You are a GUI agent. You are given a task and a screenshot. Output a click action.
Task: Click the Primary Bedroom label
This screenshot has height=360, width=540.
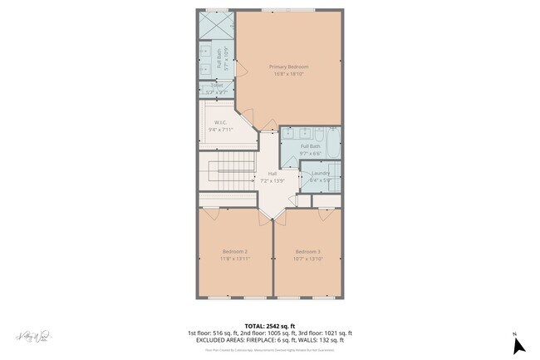pyautogui.click(x=288, y=66)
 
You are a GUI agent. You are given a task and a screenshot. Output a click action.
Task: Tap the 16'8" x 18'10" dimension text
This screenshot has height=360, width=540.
pyautogui.click(x=288, y=73)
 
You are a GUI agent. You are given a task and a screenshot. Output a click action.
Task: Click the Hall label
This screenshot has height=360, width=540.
pyautogui.click(x=272, y=173)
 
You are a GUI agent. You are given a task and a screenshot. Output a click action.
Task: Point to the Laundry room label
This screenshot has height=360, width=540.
pyautogui.click(x=320, y=172)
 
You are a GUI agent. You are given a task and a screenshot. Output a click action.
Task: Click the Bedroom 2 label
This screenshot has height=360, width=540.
pyautogui.click(x=235, y=251)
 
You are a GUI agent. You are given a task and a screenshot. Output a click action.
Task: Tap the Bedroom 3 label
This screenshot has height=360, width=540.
pyautogui.click(x=307, y=251)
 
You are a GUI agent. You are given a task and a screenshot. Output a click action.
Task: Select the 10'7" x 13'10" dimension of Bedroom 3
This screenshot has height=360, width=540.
pyautogui.click(x=307, y=259)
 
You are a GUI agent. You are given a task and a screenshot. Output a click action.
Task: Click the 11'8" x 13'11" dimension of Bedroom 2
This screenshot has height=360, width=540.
pyautogui.click(x=235, y=259)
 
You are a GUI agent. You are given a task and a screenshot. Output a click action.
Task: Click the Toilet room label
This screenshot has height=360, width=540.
pyautogui.click(x=217, y=84)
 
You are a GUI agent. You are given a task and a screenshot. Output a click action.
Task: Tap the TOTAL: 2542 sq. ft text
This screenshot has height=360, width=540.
pyautogui.click(x=270, y=325)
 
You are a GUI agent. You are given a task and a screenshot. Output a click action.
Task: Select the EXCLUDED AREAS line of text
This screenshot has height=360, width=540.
pyautogui.click(x=270, y=340)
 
